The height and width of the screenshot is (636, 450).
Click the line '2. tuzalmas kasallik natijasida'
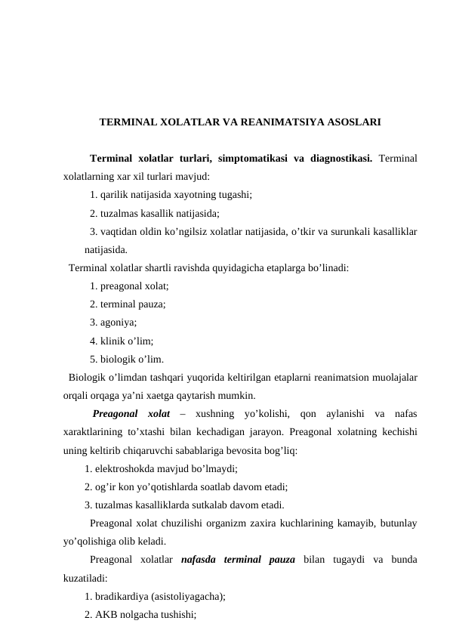click(154, 213)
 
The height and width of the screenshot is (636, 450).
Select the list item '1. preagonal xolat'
click(129, 286)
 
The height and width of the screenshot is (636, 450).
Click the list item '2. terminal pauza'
click(128, 304)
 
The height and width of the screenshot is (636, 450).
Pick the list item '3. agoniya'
click(116, 323)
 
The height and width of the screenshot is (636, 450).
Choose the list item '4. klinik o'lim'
click(122, 341)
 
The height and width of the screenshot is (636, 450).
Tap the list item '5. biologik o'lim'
click(126, 359)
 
